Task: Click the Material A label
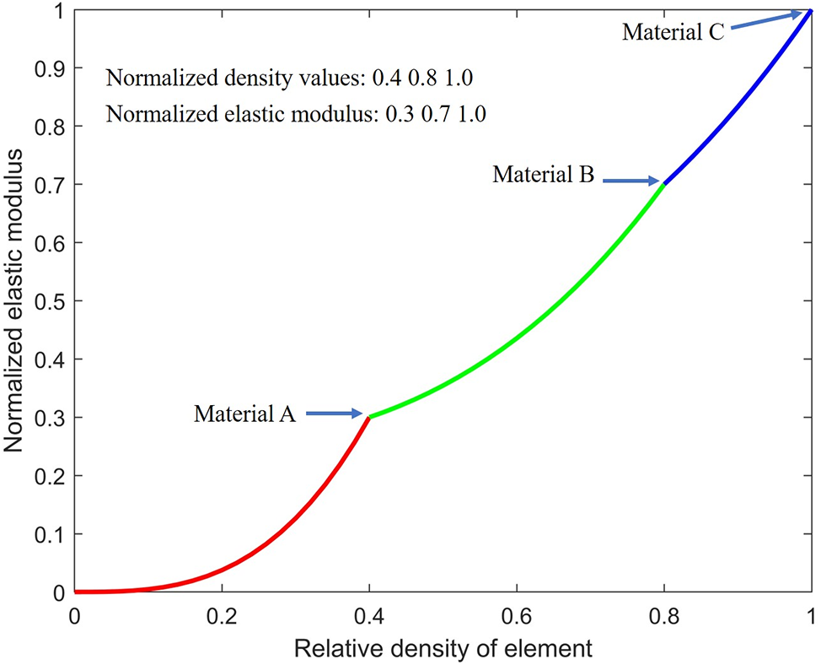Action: pos(244,414)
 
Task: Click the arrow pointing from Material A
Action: pos(335,414)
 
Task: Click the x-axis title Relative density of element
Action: pos(443,648)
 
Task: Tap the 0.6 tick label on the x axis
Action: pos(517,615)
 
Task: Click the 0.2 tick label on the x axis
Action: pos(222,615)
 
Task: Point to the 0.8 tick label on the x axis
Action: pos(664,615)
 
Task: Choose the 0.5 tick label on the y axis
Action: pos(51,301)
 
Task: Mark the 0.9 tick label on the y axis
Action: pos(51,68)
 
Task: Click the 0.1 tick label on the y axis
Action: pos(51,534)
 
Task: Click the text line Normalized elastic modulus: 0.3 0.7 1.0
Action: pos(296,115)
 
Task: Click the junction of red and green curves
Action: pos(369,417)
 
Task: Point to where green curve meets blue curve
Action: pos(664,184)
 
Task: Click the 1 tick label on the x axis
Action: pos(811,615)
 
